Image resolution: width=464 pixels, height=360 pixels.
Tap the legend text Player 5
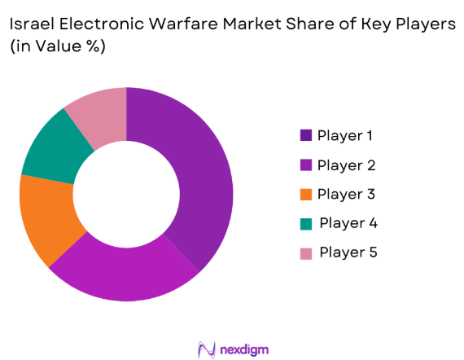(x=348, y=252)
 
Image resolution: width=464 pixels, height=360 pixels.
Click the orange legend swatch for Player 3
(x=306, y=195)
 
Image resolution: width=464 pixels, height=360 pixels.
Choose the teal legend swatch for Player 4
(x=306, y=223)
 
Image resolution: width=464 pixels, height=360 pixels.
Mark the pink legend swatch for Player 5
(x=306, y=252)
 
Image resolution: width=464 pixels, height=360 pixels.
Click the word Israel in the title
(x=30, y=24)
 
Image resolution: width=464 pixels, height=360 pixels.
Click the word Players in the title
(x=424, y=24)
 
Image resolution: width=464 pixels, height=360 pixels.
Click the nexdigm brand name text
(x=244, y=349)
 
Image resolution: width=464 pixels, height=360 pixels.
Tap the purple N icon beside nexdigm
(x=207, y=349)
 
